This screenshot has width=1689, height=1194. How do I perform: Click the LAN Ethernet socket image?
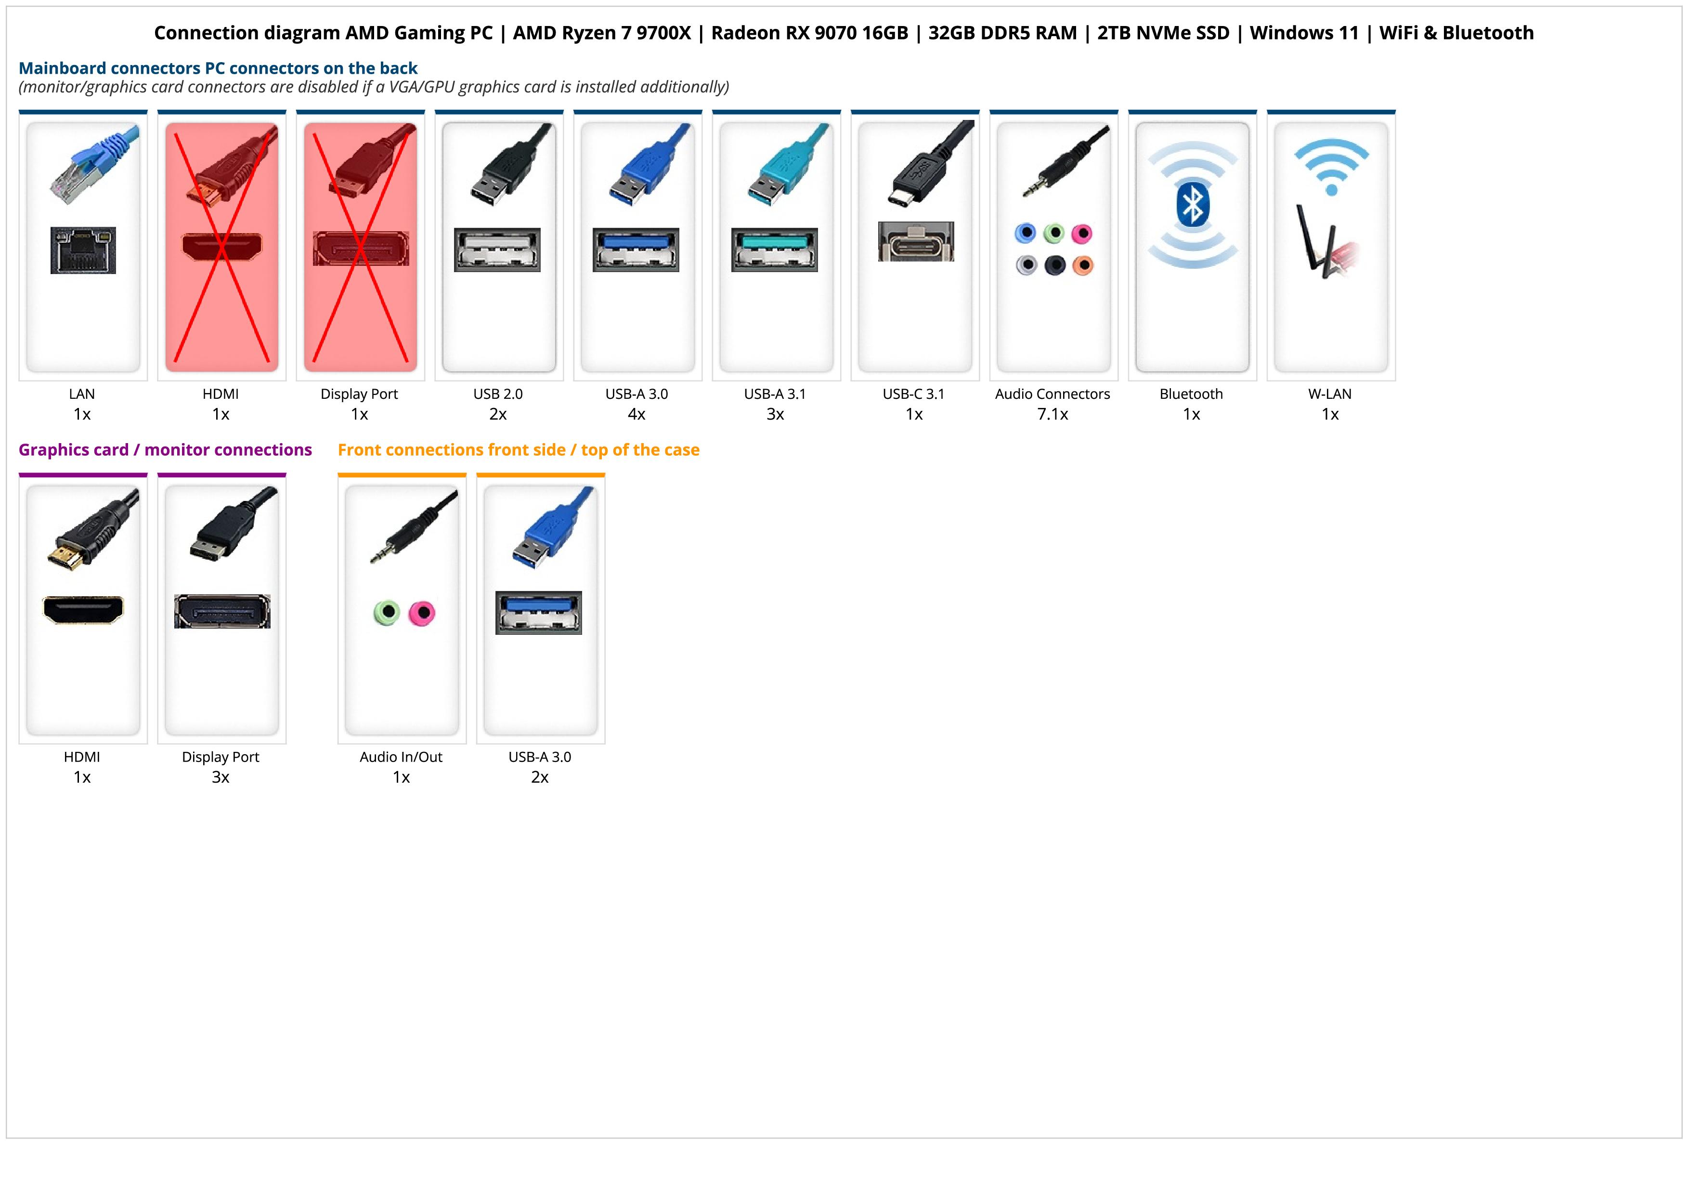click(x=83, y=250)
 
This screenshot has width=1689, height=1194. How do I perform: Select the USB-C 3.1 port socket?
click(x=916, y=241)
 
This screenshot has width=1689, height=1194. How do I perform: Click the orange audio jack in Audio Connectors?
click(x=1083, y=265)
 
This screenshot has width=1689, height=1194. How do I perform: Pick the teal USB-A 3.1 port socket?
click(x=774, y=249)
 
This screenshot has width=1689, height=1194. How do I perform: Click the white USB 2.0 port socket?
click(x=497, y=249)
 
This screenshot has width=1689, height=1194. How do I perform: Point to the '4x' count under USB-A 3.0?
click(x=637, y=414)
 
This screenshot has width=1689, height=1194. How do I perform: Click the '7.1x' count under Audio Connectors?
click(x=1052, y=414)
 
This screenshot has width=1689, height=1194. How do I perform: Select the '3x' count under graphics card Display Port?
click(x=221, y=777)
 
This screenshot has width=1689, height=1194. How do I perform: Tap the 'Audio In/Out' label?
click(x=401, y=757)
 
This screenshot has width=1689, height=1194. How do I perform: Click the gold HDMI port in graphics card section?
click(x=83, y=610)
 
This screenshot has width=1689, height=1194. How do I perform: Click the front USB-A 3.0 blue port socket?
click(x=538, y=612)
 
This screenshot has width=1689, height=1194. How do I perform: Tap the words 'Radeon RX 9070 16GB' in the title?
click(x=809, y=33)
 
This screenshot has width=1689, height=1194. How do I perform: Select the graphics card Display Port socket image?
click(x=222, y=611)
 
